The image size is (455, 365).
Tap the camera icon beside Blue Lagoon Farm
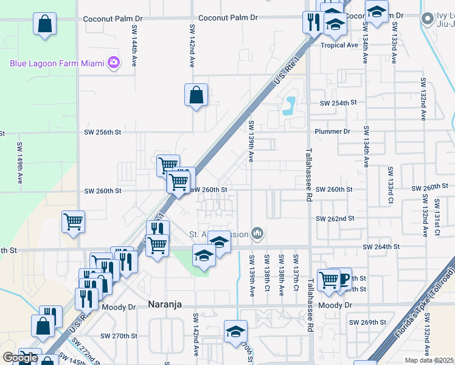(113, 62)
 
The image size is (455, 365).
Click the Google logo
(19, 358)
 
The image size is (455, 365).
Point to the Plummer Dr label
(333, 131)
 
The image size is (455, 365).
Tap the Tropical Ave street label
(339, 45)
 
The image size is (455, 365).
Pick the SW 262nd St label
(335, 218)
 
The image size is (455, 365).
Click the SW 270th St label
(119, 336)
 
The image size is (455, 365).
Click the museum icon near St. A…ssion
(258, 233)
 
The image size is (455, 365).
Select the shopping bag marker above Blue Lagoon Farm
(45, 25)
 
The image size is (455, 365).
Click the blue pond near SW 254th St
(290, 106)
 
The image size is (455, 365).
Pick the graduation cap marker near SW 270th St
(235, 332)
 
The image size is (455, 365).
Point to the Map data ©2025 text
(429, 360)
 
